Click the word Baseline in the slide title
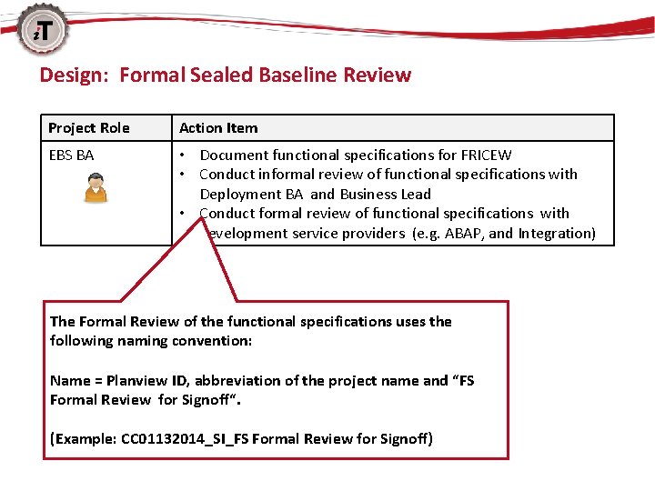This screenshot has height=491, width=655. coord(297,75)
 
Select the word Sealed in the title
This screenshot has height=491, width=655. coord(222,75)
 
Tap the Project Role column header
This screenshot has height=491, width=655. coord(89,128)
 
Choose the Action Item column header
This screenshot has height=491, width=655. coord(218,128)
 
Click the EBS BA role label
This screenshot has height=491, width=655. coord(71,155)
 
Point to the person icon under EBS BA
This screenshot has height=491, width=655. coord(96,189)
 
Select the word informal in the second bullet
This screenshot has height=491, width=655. coord(287,175)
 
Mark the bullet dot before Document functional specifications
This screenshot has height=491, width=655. coord(184,155)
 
